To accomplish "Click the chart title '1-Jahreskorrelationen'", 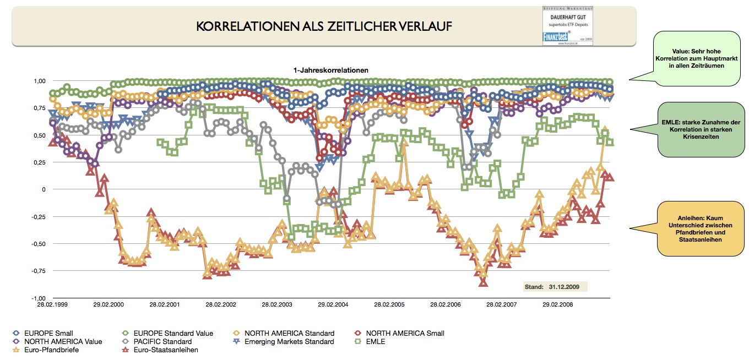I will (x=330, y=70).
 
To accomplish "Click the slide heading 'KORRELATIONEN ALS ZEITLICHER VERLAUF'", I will (x=324, y=26).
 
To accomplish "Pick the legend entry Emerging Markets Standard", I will (x=289, y=341).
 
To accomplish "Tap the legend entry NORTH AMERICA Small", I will (x=405, y=333).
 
